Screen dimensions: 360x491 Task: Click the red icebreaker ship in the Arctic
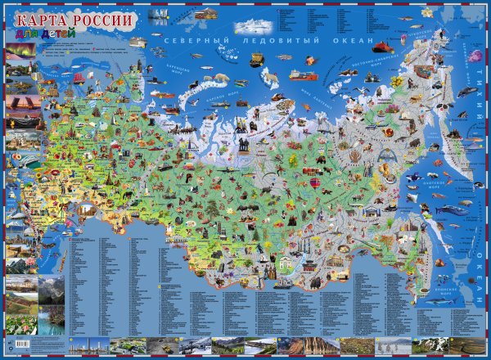coord(381,46)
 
